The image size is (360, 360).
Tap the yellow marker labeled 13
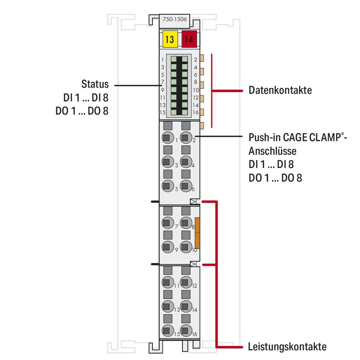point(170,39)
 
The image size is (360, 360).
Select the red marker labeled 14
point(189,39)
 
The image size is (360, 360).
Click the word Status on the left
point(95,85)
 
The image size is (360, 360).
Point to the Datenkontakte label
point(280,90)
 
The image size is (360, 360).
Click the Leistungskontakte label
point(287,346)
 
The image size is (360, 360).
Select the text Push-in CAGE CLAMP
point(295,138)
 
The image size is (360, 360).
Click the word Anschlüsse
point(273,151)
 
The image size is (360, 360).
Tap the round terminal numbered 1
point(166,137)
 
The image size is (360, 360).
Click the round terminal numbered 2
point(185,137)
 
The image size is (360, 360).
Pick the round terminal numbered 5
point(166,186)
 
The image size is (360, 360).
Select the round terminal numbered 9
point(166,247)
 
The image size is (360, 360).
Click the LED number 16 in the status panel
point(185,112)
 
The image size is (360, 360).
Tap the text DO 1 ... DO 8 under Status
point(82,111)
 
